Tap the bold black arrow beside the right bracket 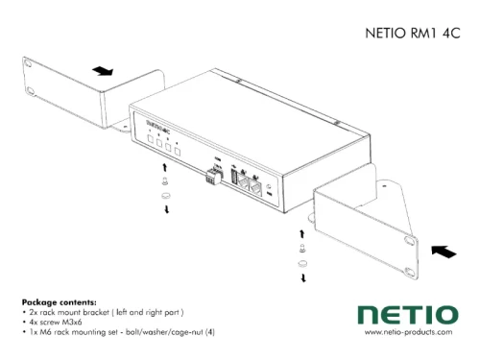444,252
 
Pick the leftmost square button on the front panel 151,141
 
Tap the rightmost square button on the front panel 178,150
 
